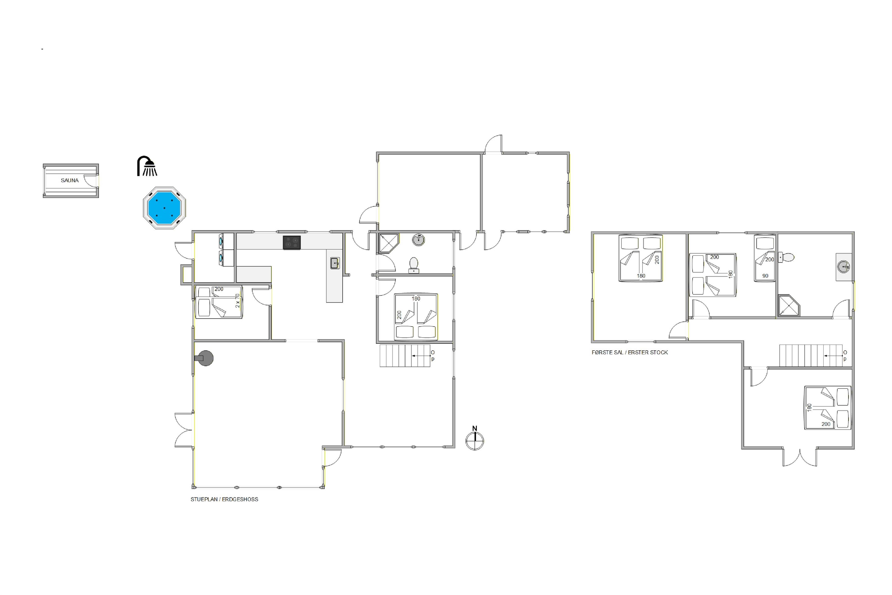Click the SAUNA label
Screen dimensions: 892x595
pyautogui.click(x=70, y=180)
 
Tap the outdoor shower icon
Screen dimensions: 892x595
pyautogui.click(x=147, y=166)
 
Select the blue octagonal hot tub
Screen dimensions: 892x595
pyautogui.click(x=164, y=208)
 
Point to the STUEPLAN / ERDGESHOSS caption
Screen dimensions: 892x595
pyautogui.click(x=224, y=499)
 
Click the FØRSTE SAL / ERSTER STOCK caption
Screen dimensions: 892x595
pyautogui.click(x=630, y=352)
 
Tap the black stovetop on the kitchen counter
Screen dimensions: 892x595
pyautogui.click(x=292, y=243)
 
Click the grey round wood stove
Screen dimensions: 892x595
pyautogui.click(x=205, y=358)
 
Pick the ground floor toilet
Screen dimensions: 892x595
pyautogui.click(x=414, y=265)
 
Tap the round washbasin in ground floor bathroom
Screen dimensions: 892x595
pyautogui.click(x=418, y=240)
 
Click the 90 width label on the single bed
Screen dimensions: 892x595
pyautogui.click(x=765, y=276)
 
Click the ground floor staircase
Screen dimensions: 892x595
pyautogui.click(x=405, y=356)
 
